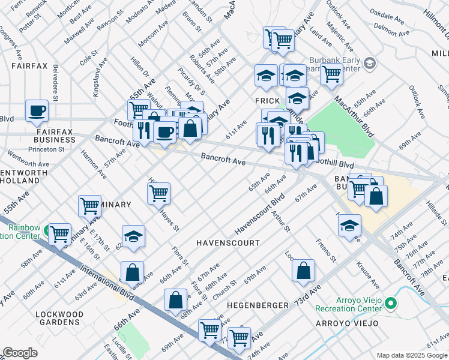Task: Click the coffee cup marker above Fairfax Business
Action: pos(37,110)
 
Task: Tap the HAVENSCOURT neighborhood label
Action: pos(228,243)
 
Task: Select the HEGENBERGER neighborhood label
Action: pos(258,305)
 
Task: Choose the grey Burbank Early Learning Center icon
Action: pos(370,62)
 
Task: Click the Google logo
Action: pos(20,352)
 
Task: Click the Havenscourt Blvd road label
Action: pos(259,214)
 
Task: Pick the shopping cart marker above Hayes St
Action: pos(159,193)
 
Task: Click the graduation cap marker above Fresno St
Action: pos(349,226)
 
